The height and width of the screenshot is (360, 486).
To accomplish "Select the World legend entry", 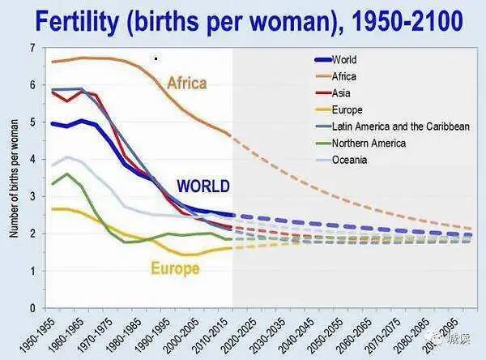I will point(343,59).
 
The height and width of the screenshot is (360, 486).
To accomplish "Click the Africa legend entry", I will point(343,76).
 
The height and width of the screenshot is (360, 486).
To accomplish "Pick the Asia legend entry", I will point(341,93).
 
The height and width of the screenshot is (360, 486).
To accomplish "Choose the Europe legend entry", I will point(347,109).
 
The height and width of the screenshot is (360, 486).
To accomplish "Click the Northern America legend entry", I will point(369,144).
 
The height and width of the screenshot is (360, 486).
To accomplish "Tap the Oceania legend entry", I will point(349,160).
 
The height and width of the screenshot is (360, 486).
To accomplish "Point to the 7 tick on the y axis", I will point(32,49).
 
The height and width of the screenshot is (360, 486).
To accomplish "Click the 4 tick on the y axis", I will point(32,160).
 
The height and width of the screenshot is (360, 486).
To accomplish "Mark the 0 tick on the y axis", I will point(32,308).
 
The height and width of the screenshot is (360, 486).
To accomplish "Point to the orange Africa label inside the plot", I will point(187,83).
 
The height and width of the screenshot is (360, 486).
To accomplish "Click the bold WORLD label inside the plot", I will point(202,186).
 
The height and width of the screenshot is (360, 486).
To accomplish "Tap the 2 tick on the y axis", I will point(32,234).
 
